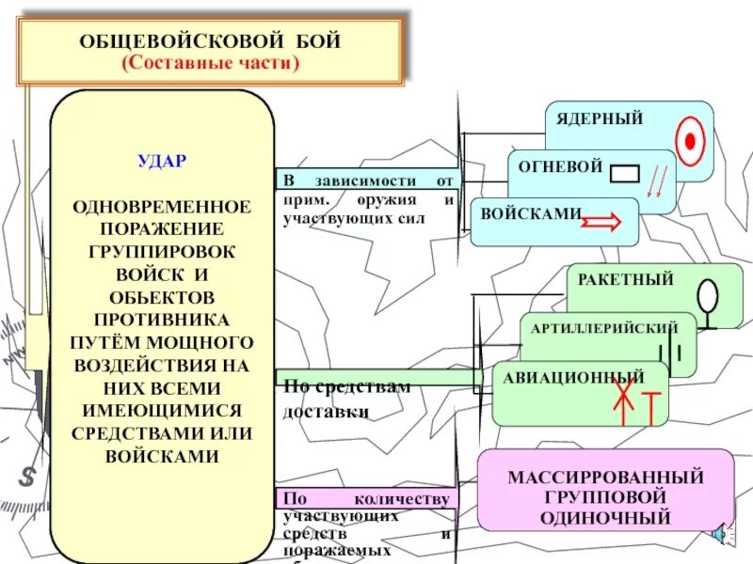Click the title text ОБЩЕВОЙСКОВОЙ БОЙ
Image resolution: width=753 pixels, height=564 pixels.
tap(210, 41)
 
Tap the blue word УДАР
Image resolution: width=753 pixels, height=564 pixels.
tap(162, 161)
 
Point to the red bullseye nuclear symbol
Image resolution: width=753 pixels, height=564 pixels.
tap(691, 141)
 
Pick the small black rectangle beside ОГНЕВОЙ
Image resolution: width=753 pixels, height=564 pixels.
tap(624, 174)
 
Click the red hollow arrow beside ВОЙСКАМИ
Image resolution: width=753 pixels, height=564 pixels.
tap(601, 222)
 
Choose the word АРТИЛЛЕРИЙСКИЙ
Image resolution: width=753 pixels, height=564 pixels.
tap(604, 328)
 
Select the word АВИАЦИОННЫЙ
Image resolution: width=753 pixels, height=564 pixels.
tap(573, 375)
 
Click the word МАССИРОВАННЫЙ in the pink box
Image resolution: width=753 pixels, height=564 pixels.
tap(606, 477)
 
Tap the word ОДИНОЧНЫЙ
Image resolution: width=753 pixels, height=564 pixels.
tap(606, 517)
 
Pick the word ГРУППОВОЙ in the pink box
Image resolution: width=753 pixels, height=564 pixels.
tap(606, 496)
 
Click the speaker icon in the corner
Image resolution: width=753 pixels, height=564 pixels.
tap(720, 535)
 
